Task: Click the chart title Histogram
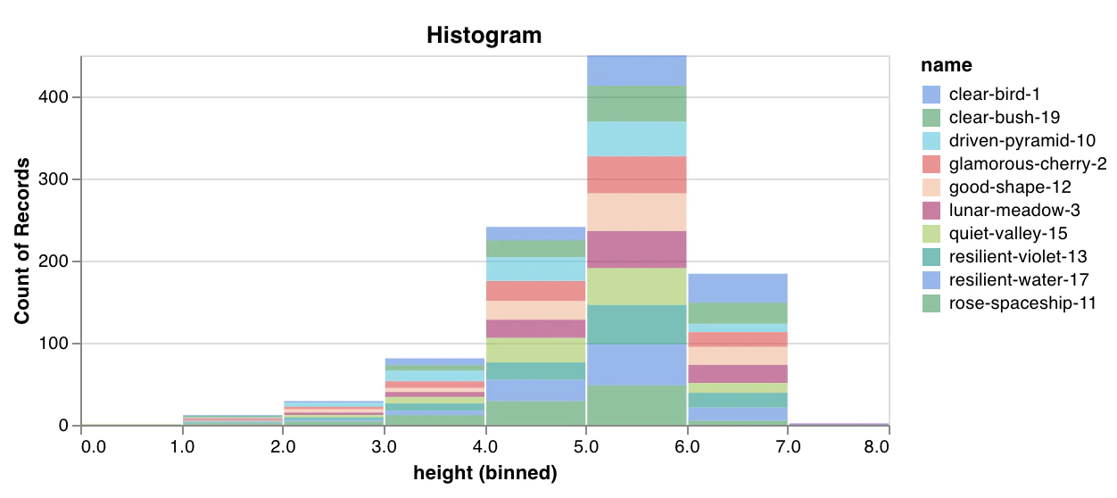484,36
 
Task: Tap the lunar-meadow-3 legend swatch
931,211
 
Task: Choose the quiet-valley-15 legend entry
1008,234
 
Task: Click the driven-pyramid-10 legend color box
931,141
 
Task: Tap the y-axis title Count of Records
21,241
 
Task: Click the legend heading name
946,65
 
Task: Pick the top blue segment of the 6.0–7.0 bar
737,288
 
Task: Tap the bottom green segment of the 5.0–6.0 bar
636,405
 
